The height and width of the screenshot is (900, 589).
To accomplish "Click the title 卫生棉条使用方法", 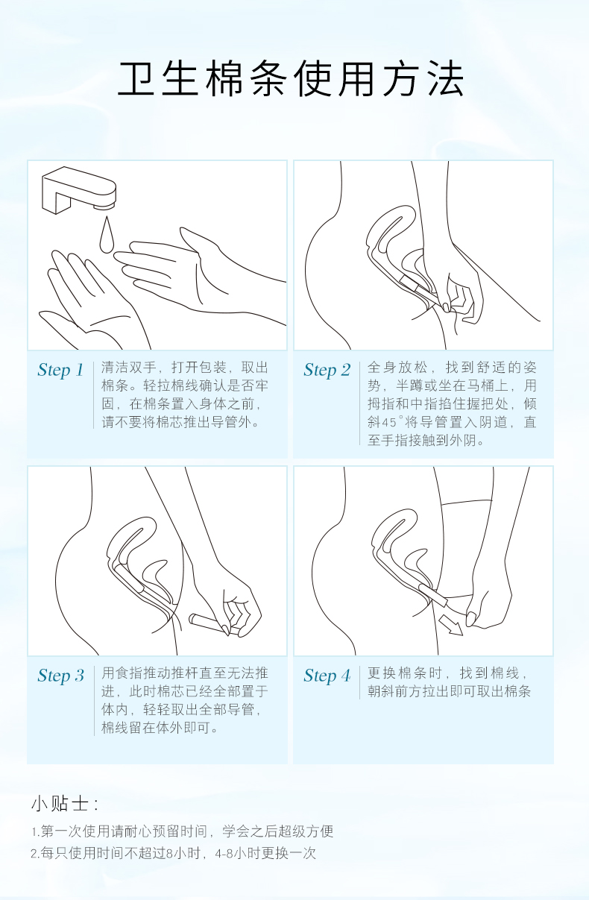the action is click(x=291, y=79).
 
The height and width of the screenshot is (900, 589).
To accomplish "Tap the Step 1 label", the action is click(x=60, y=370).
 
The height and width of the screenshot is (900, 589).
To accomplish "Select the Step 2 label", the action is click(x=327, y=370).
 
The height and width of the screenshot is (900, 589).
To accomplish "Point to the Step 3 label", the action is click(x=61, y=676).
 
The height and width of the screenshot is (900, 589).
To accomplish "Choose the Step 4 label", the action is click(x=327, y=676).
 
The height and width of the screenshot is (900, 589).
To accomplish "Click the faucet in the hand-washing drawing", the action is click(x=79, y=190).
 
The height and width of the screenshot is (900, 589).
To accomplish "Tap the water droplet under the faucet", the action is click(x=107, y=235).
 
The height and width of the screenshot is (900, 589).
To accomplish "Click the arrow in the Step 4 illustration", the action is click(x=450, y=626).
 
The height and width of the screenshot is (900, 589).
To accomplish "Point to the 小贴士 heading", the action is click(x=64, y=804).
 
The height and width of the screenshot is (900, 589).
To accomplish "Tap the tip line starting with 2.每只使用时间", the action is click(x=174, y=853).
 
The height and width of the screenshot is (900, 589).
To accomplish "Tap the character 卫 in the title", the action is click(x=136, y=79).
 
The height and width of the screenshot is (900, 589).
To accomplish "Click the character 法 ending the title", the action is click(x=447, y=79).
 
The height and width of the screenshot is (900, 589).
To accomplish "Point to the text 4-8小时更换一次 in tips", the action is click(x=265, y=853).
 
